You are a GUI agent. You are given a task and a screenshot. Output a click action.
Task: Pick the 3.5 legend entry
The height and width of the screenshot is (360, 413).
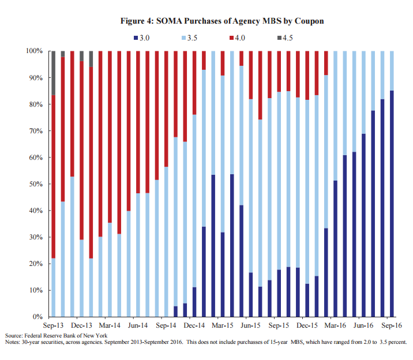pos(193,38)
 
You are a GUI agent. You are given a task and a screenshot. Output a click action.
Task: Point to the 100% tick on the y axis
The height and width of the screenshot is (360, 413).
pos(34,51)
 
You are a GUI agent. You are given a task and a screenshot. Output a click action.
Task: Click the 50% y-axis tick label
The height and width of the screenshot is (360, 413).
pos(36,184)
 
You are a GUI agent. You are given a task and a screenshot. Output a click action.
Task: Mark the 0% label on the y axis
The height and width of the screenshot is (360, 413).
pos(37,317)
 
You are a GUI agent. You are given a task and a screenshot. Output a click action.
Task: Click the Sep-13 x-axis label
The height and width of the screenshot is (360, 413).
pos(53,325)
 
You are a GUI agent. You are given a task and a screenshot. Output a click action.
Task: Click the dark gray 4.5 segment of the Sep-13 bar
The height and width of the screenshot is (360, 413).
pos(54,73)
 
